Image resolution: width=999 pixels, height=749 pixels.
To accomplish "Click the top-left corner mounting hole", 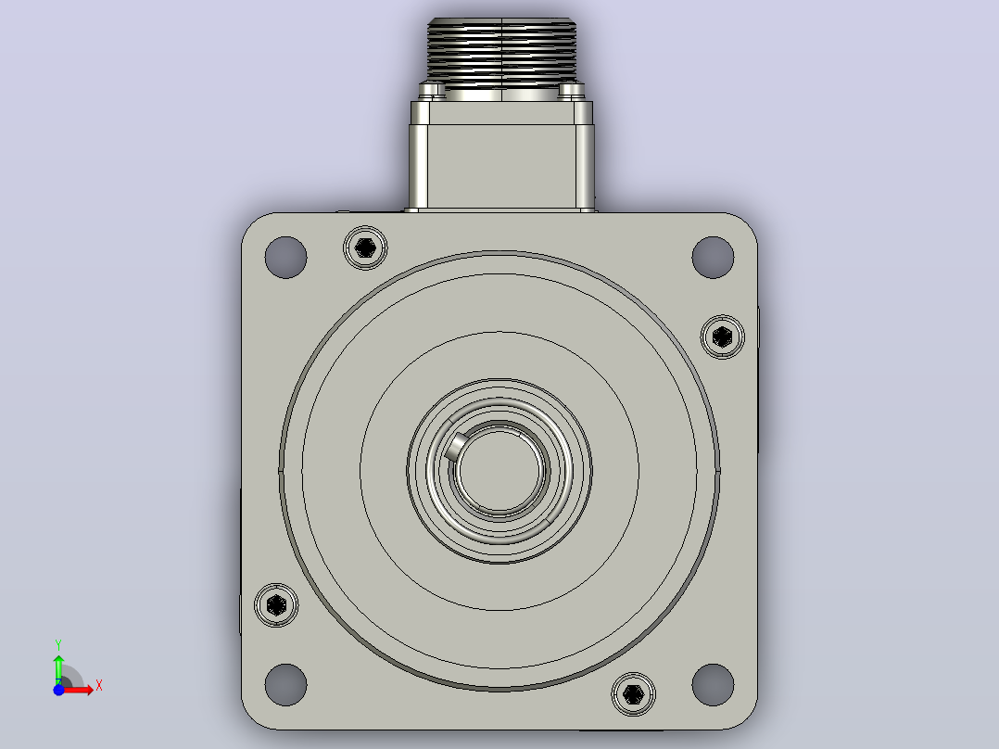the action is point(285,257).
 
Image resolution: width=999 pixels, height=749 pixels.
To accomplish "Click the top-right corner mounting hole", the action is point(713,257).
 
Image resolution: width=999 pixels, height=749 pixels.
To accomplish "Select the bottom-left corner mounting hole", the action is point(285,685).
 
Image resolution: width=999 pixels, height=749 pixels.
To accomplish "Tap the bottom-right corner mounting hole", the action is point(713,685).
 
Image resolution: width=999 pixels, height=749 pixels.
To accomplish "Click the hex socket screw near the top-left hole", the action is point(365,248).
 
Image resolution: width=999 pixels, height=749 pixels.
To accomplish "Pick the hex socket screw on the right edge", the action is point(723,336).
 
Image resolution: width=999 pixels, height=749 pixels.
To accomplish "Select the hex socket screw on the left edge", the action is point(276,604).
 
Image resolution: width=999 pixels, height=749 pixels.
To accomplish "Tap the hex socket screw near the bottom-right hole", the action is point(633,694).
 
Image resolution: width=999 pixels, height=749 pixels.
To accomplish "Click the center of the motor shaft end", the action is point(499,470).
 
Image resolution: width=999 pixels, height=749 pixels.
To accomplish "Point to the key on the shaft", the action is point(455,445).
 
